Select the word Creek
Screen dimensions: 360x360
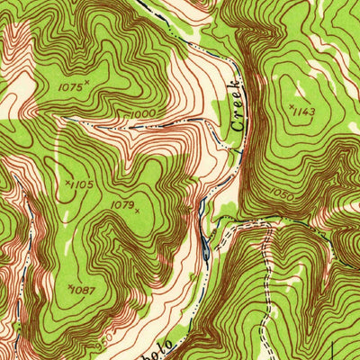237,106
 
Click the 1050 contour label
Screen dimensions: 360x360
281,194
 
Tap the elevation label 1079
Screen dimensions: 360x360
121,204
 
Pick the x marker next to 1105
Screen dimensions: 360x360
67,183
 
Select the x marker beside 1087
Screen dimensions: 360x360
70,287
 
